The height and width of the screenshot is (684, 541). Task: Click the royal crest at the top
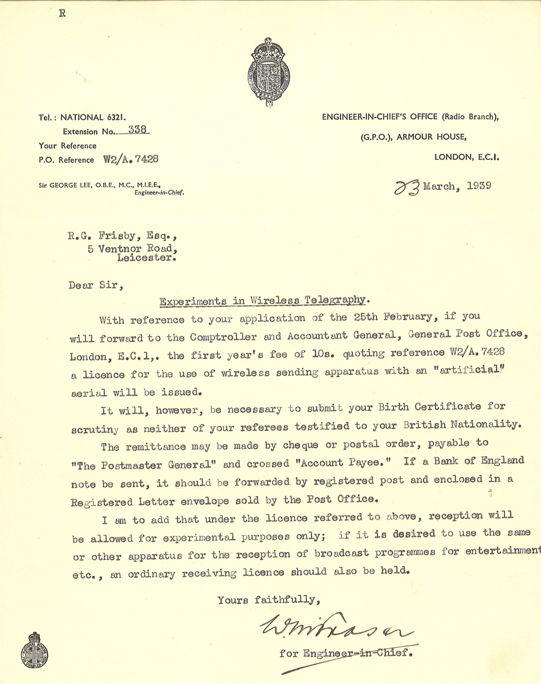point(268,72)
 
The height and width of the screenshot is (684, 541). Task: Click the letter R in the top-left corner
point(62,13)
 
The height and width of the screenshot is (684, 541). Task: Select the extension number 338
point(138,129)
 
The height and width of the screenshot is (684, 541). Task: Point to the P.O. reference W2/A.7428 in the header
point(131,159)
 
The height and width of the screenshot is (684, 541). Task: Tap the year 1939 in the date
point(479,186)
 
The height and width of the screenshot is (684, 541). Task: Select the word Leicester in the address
point(146,257)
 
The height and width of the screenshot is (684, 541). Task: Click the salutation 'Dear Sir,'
point(96,285)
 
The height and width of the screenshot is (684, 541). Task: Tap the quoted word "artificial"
point(471,369)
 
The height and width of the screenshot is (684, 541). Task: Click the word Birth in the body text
point(393,407)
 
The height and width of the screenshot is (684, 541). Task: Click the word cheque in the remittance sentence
point(301,445)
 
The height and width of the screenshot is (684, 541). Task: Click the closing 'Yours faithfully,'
point(269,599)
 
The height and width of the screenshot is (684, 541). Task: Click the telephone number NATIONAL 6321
point(93,117)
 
